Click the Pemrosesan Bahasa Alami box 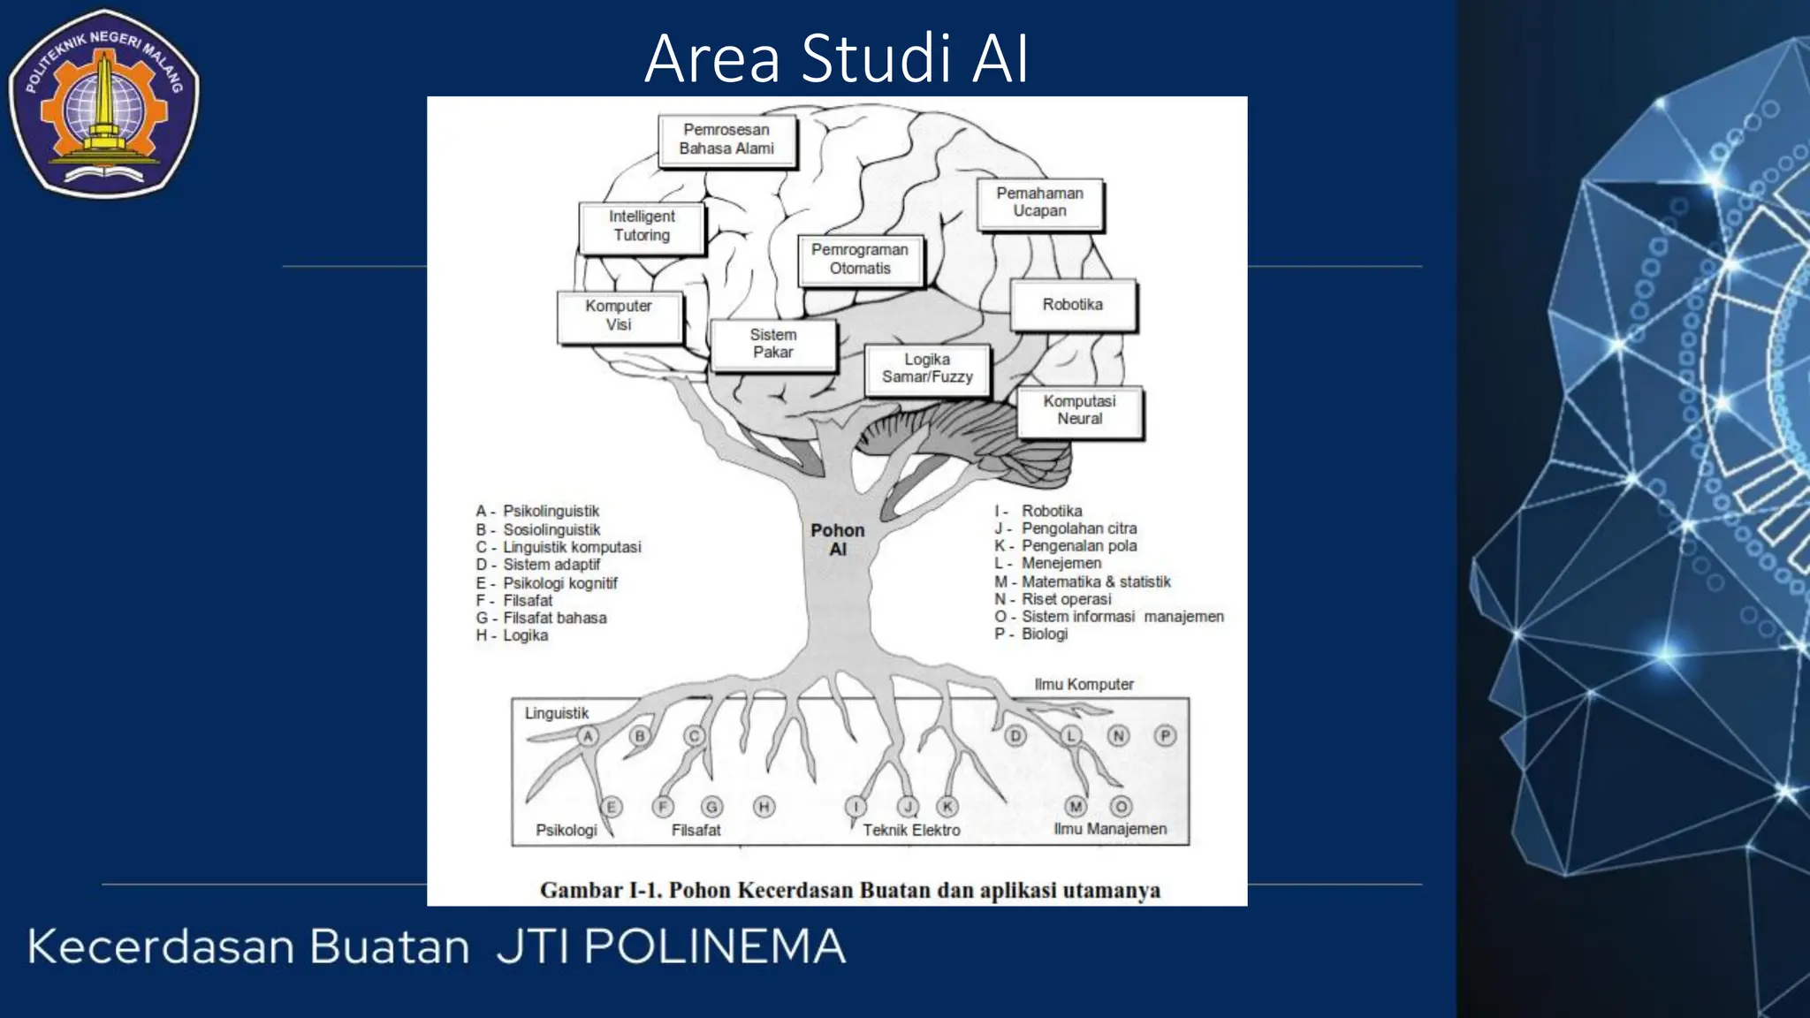(x=726, y=140)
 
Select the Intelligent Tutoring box (x=642, y=226)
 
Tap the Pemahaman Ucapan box (x=1039, y=202)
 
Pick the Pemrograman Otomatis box (x=860, y=260)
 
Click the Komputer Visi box (x=619, y=315)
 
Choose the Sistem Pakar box (x=773, y=344)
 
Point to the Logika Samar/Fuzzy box (x=927, y=368)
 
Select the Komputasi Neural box (x=1079, y=410)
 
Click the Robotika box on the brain (x=1072, y=305)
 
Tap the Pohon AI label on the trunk (x=838, y=540)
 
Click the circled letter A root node (x=588, y=736)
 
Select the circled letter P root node (x=1166, y=735)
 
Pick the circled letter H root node (x=764, y=807)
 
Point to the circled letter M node (x=1076, y=806)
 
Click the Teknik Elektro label (x=911, y=831)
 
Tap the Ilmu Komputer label (x=1084, y=685)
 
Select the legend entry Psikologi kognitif (x=559, y=583)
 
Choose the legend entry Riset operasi (x=1066, y=599)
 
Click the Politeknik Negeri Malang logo (x=104, y=102)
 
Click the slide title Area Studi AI (x=836, y=59)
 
